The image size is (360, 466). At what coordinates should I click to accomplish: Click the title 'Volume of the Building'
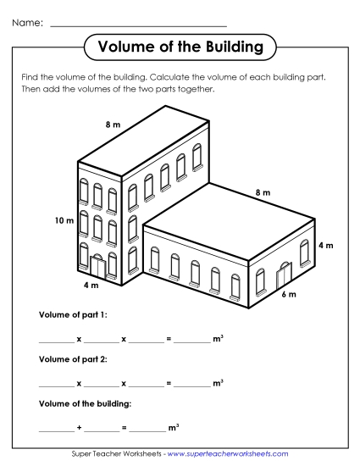(x=180, y=44)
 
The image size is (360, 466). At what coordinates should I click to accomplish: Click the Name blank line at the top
(x=139, y=25)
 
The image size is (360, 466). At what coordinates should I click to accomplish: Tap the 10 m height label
(x=64, y=220)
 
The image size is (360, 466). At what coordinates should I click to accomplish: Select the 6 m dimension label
(x=288, y=294)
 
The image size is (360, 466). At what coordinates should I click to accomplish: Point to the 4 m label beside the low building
(x=325, y=245)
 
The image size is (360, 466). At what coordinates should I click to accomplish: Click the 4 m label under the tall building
(x=91, y=286)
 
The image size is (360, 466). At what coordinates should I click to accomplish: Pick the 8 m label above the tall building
(x=112, y=125)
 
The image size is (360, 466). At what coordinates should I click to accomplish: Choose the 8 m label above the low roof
(x=263, y=193)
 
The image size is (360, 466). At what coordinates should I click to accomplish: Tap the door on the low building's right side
(x=283, y=275)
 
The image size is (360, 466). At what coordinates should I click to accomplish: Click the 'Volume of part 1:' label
(x=74, y=314)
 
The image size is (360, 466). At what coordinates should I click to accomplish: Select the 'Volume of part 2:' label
(x=74, y=358)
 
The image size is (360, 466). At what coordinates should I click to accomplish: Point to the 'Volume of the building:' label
(x=85, y=402)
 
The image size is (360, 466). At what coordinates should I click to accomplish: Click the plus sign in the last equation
(x=79, y=428)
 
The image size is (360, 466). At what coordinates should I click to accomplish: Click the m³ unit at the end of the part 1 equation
(x=219, y=338)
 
